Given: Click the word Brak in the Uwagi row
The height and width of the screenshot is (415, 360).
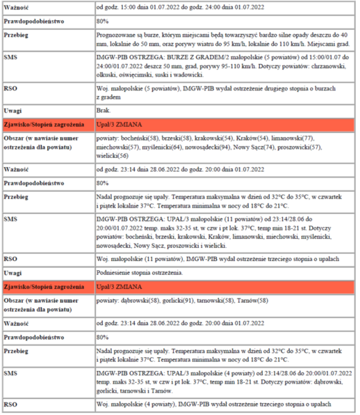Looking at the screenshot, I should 103,111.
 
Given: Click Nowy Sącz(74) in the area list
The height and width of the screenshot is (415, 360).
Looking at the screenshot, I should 254,147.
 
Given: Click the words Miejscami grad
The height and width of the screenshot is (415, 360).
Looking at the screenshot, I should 331,43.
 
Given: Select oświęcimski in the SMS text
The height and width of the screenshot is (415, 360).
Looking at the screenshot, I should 135,75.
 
